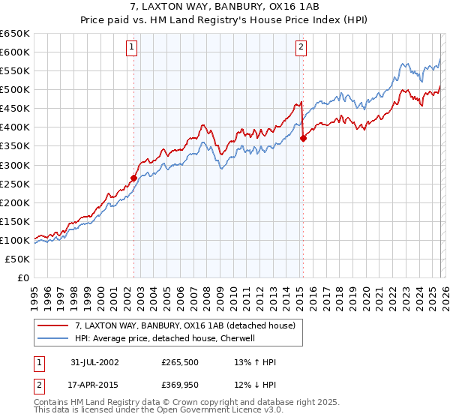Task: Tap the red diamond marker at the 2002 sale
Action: tap(134, 178)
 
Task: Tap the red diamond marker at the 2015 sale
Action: tap(303, 138)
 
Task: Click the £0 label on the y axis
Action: tap(22, 278)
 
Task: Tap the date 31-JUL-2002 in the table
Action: tap(95, 362)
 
